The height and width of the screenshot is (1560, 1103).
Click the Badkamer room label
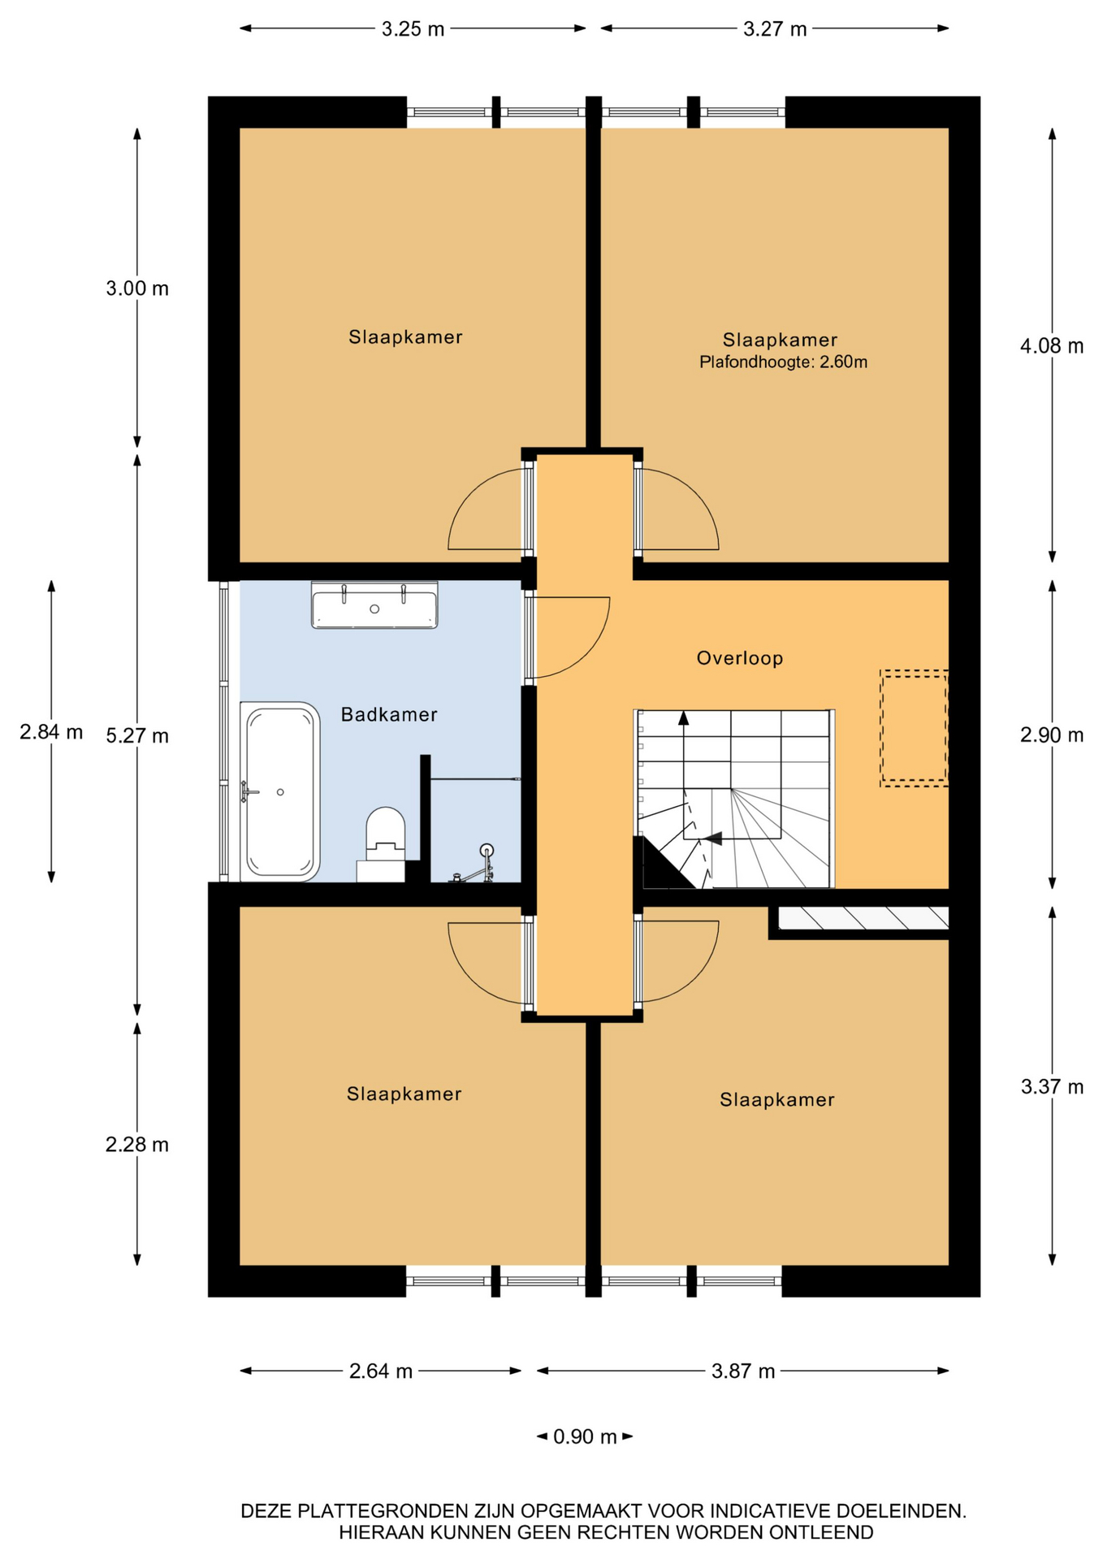[x=389, y=715]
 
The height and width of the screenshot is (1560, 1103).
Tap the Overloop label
[x=740, y=658]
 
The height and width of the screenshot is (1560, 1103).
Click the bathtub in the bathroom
[x=280, y=791]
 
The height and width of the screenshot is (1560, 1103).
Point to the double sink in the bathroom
[x=374, y=605]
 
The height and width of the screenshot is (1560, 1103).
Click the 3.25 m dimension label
[x=413, y=29]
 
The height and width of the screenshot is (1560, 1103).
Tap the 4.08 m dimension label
[x=1052, y=346]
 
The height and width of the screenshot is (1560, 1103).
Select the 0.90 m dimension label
[x=585, y=1436]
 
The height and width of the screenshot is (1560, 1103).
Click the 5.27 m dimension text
[x=137, y=736]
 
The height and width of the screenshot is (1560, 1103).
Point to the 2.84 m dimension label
[x=51, y=732]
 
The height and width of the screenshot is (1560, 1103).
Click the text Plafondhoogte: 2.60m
[x=784, y=362]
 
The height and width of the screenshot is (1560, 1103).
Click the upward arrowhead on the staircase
[x=684, y=717]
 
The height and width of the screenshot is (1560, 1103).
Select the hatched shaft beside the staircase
[x=863, y=917]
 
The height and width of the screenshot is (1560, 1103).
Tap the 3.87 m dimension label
[x=743, y=1371]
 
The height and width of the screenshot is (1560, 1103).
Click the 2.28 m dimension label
[x=137, y=1145]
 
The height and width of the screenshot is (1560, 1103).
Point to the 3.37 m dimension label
[x=1052, y=1086]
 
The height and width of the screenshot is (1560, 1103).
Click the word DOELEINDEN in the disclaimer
[x=902, y=1511]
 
